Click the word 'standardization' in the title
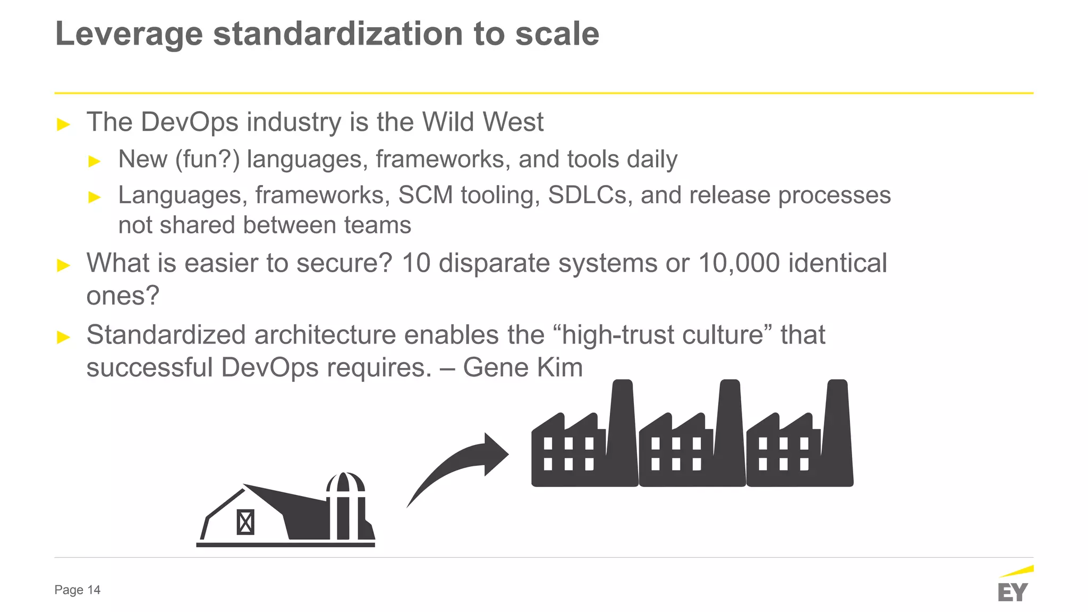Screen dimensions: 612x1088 point(338,34)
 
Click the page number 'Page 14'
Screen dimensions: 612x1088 point(78,590)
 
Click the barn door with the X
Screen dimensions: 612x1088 point(245,522)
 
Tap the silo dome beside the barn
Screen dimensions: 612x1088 point(345,482)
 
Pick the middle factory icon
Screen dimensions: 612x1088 point(692,441)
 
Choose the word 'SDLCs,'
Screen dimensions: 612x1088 point(590,195)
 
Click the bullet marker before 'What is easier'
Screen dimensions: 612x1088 point(63,265)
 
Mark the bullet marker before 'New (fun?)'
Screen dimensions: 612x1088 point(95,161)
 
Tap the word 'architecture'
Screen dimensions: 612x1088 point(325,335)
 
